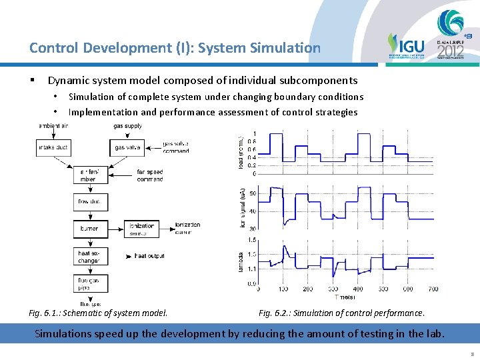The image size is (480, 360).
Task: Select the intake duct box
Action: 53,147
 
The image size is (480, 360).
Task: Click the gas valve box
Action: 127,147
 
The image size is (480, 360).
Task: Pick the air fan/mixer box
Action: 90,175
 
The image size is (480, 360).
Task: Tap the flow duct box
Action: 90,202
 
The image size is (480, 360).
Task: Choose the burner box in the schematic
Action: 90,229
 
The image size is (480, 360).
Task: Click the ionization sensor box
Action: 142,229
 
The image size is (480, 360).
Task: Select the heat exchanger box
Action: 90,257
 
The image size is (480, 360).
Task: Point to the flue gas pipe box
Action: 90,284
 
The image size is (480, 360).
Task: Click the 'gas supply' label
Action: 127,126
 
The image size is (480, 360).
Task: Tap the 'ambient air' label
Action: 53,126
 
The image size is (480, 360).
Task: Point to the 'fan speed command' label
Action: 150,175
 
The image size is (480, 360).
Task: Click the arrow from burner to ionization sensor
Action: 116,229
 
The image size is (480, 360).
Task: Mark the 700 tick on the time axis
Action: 433,289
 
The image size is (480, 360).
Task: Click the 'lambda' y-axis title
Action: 242,262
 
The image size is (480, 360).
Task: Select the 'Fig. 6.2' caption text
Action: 341,313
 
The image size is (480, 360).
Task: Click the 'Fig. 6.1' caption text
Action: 99,313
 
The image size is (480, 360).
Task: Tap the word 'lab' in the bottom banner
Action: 433,333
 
